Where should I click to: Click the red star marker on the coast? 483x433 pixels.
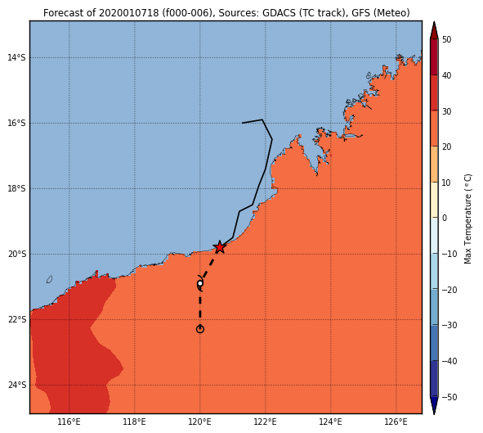pos(219,247)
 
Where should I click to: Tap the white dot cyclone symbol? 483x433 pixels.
pos(200,283)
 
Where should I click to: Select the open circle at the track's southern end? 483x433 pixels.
pos(200,329)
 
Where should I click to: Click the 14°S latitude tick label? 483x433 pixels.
pos(17,57)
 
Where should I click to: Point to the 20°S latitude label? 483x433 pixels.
pos(17,254)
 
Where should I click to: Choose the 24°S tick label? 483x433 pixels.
pos(17,386)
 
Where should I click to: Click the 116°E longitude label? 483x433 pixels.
pos(69,422)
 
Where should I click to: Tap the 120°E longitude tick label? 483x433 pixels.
pos(200,422)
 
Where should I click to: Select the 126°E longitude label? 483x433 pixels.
pos(396,422)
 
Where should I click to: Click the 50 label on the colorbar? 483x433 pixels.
pos(446,39)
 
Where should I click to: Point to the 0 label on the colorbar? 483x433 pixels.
pos(445,218)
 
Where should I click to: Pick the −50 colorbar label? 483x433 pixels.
pos(449,397)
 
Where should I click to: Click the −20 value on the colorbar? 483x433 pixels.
pos(449,290)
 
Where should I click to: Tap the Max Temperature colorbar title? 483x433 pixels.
pos(467,219)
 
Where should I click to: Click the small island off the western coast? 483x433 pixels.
pos(49,279)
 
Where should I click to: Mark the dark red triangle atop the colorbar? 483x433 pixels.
pos(434,30)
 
